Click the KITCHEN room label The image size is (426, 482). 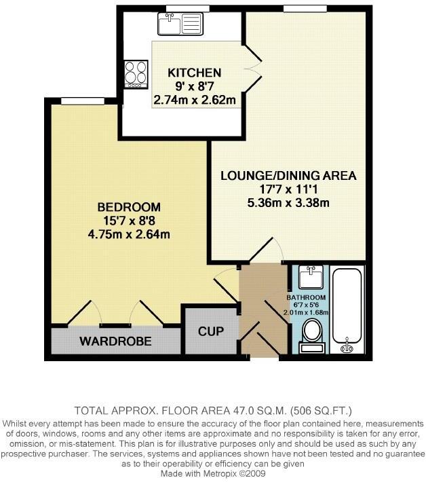tap(195, 73)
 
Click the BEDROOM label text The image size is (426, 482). tap(129, 206)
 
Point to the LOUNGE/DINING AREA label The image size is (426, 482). tap(288, 175)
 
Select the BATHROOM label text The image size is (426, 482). tap(306, 298)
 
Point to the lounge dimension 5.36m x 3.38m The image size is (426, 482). tap(288, 203)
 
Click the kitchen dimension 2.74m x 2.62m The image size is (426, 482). tap(195, 101)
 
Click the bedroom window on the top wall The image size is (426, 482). tap(81, 102)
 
